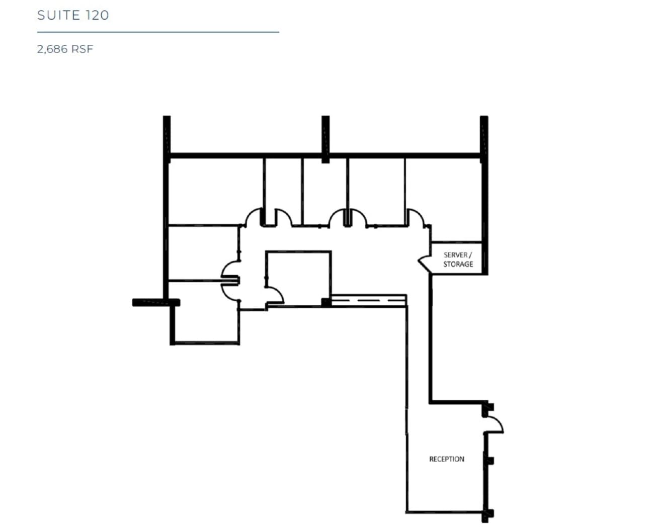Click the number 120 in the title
[x=97, y=15]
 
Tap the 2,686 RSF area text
[x=65, y=49]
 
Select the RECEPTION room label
[x=446, y=459]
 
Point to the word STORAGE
[x=458, y=264]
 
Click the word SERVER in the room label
[x=455, y=255]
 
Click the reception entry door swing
[x=495, y=423]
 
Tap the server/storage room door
[x=424, y=262]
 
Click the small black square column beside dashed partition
[x=326, y=302]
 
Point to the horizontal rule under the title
[x=158, y=32]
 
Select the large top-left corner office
[x=215, y=191]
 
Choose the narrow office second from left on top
[x=283, y=186]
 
